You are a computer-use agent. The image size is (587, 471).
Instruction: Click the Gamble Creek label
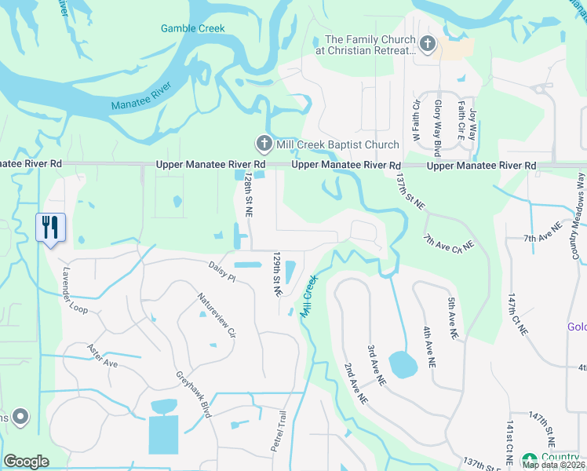(192, 28)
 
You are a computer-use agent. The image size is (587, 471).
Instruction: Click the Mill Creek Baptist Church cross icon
(264, 144)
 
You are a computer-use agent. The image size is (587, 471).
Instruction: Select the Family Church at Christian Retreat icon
(427, 44)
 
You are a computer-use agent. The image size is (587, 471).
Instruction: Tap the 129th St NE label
(276, 273)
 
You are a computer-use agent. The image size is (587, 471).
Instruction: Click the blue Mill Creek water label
(308, 295)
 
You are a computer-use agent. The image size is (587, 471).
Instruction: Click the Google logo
(26, 462)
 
